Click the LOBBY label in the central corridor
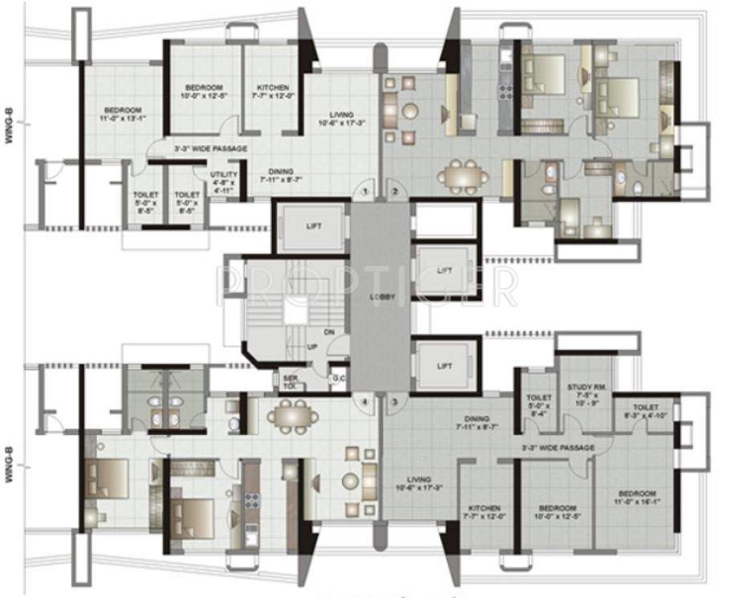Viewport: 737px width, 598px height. coord(382,296)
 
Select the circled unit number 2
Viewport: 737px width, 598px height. coord(395,192)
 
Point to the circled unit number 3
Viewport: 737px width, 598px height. coord(395,401)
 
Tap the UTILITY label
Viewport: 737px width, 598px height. coord(223,180)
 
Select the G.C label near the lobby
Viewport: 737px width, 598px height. coord(338,378)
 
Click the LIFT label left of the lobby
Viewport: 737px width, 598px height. coord(313,226)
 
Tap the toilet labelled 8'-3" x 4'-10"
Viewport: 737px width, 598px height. coord(645,413)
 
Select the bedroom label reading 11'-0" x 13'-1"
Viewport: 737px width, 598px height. coord(122,114)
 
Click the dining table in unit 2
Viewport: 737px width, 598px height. coord(462,175)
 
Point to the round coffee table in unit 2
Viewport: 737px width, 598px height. coord(410,110)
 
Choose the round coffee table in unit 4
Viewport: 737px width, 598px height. coord(350,481)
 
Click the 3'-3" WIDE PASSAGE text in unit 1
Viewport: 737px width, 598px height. coord(210,149)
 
